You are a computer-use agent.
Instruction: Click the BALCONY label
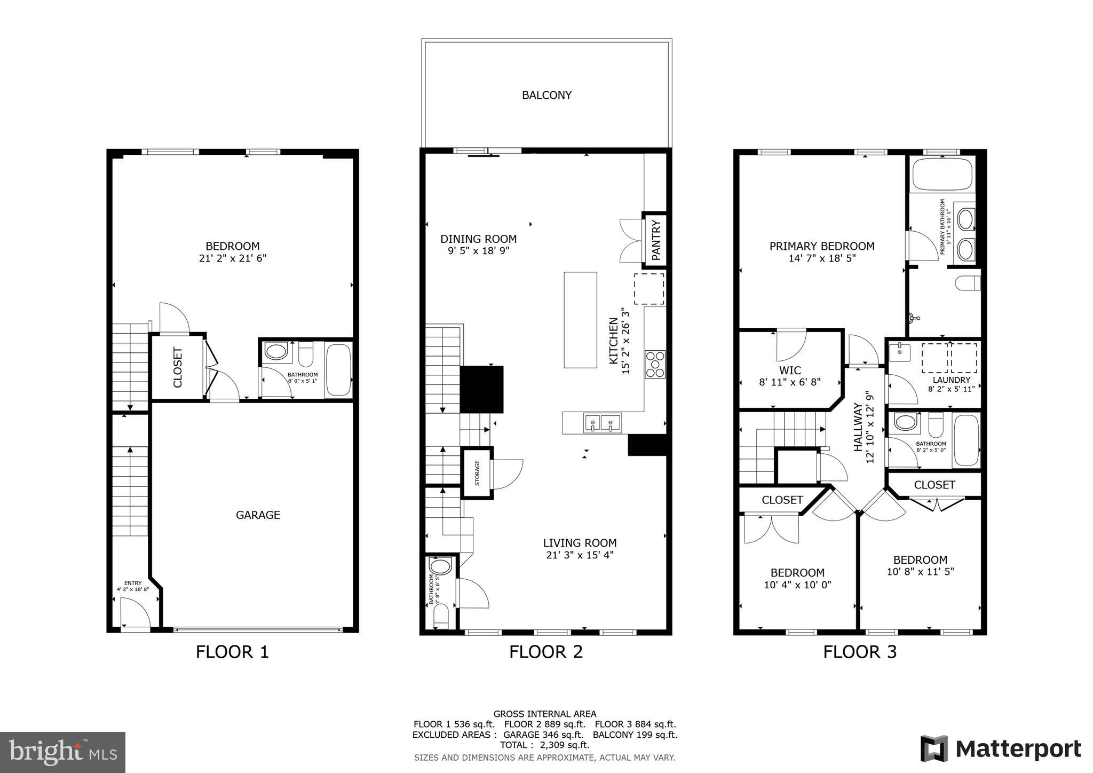[x=546, y=95]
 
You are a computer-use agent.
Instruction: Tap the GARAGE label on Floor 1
[x=258, y=515]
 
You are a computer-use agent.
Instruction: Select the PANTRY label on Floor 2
[x=656, y=240]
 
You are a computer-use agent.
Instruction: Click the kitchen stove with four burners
[x=655, y=364]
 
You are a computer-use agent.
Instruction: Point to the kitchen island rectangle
[x=580, y=320]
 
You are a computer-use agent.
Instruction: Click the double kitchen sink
[x=602, y=423]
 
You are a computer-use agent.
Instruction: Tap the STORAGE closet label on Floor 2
[x=477, y=473]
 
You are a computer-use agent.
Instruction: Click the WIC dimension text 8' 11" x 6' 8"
[x=790, y=382]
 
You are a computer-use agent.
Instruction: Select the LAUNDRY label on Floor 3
[x=951, y=380]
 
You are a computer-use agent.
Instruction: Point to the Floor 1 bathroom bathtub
[x=338, y=369]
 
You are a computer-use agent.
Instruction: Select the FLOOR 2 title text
[x=545, y=652]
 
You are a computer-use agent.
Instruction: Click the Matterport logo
[x=1001, y=749]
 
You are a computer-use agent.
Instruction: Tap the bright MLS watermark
[x=62, y=752]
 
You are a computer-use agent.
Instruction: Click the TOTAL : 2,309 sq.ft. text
[x=544, y=745]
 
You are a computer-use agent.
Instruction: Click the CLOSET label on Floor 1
[x=178, y=367]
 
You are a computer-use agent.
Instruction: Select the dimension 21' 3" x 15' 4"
[x=580, y=555]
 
